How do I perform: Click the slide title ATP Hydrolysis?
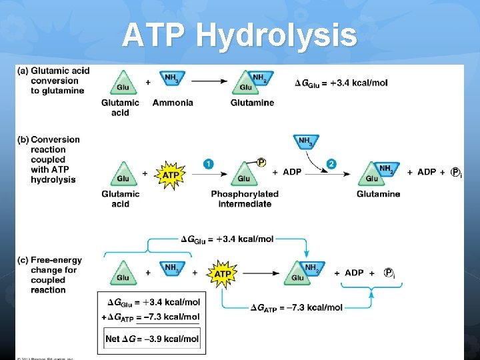(x=239, y=35)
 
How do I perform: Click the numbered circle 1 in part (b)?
(x=209, y=164)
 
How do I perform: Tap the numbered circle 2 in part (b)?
(x=331, y=164)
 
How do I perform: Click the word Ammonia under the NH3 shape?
(x=173, y=103)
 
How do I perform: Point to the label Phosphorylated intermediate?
(x=245, y=199)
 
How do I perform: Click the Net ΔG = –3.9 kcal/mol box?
(x=152, y=339)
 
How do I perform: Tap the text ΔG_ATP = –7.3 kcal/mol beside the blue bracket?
(x=296, y=307)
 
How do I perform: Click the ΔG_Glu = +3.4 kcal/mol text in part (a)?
(x=341, y=83)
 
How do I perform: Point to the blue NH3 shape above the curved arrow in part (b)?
(x=305, y=141)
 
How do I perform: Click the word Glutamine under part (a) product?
(x=252, y=103)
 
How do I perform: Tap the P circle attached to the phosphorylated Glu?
(x=261, y=162)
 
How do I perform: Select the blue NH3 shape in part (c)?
(x=171, y=269)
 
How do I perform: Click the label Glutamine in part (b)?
(x=378, y=194)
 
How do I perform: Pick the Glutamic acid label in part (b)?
(x=121, y=199)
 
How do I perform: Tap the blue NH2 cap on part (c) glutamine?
(x=311, y=268)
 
